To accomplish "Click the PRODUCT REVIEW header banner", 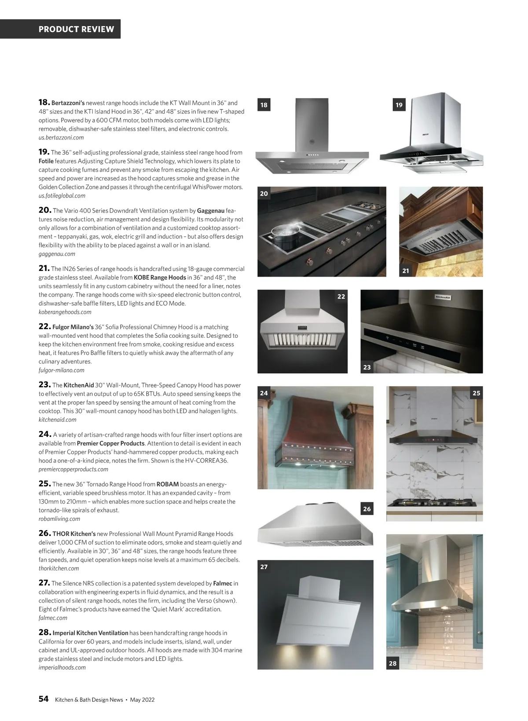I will tap(76, 29).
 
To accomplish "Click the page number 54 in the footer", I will tap(44, 699).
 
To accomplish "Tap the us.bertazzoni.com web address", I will tap(61, 138).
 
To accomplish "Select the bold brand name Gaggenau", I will tap(211, 211).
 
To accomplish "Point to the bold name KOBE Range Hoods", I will tap(160, 278).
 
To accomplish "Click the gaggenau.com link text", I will tap(57, 254).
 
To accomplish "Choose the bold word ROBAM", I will tap(168, 484).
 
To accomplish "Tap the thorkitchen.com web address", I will tap(59, 568).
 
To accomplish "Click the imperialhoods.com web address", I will tap(62, 667).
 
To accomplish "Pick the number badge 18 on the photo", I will tap(264, 105).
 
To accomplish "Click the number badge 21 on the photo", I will tap(406, 271).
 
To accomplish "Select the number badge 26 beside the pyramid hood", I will tap(367, 509).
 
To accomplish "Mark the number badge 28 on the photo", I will tap(393, 663).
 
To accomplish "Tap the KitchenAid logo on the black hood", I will tap(443, 297).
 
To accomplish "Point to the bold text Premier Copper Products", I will tap(110, 443).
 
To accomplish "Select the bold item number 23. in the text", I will tap(45, 384).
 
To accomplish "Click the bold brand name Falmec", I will tap(223, 583).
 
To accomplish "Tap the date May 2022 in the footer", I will tap(142, 700).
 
